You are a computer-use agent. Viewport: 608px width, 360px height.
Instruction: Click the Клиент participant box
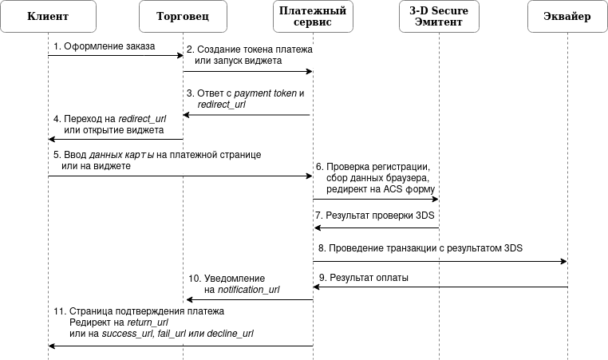[48, 17]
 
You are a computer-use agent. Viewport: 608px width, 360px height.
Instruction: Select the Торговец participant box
[183, 17]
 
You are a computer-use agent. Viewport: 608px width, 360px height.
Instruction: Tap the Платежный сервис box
[312, 17]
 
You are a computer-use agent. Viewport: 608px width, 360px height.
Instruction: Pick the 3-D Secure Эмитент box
[439, 17]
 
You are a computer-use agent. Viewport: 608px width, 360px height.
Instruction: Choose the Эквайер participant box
[567, 17]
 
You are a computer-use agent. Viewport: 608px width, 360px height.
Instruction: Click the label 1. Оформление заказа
[105, 45]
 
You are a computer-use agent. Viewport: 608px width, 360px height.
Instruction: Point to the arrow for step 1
[116, 55]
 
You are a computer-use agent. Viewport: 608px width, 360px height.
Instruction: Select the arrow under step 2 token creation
[247, 72]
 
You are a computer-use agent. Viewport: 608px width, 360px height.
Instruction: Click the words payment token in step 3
[265, 93]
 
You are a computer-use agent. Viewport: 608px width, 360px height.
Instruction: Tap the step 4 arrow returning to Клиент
[116, 140]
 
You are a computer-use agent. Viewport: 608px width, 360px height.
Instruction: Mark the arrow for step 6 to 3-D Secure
[375, 200]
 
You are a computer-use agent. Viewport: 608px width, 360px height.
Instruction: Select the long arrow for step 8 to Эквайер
[439, 261]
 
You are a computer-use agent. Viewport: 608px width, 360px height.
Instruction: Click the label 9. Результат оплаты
[363, 277]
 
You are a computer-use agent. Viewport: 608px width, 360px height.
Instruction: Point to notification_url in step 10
[248, 289]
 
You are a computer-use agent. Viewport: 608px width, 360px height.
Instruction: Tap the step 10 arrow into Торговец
[247, 300]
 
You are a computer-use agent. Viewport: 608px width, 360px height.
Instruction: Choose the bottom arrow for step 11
[180, 346]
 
